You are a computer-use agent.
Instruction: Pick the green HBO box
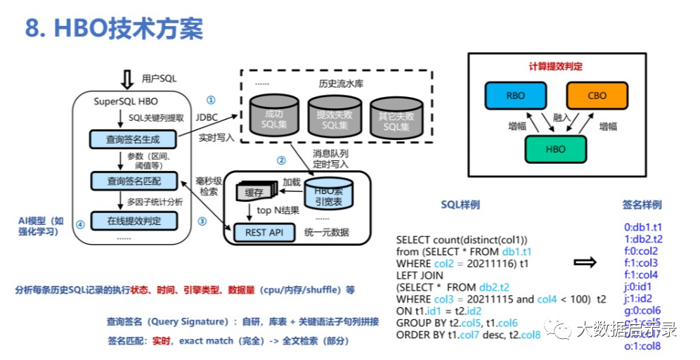point(555,150)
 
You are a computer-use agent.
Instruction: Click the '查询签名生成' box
point(134,139)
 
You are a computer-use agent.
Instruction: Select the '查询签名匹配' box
point(134,181)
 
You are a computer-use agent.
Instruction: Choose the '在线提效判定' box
point(134,221)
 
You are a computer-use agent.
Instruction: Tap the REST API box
point(264,231)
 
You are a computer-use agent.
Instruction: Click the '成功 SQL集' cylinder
point(274,120)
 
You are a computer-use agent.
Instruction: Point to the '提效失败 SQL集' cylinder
point(335,120)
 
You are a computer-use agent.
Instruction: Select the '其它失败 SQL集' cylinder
point(394,120)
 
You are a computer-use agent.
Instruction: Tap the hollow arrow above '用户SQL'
point(127,78)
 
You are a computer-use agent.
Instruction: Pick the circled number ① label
point(210,100)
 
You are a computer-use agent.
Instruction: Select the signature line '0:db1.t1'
point(643,228)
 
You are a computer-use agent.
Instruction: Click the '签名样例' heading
point(642,205)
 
